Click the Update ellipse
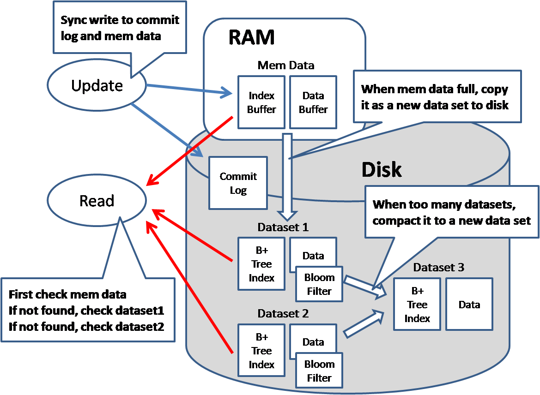click(x=97, y=86)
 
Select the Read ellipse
click(x=97, y=201)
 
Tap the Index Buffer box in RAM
click(x=261, y=102)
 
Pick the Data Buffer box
click(x=313, y=102)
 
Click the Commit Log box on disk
click(x=238, y=183)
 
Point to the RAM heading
click(x=251, y=37)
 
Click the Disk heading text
click(x=381, y=170)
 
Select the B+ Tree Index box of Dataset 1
click(x=261, y=264)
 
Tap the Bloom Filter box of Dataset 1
click(x=319, y=284)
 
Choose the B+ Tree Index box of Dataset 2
click(x=261, y=351)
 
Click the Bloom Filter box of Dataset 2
click(x=319, y=371)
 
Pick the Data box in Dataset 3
click(x=469, y=305)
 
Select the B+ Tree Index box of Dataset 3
click(x=417, y=305)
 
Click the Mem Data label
click(x=286, y=65)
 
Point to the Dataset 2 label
click(x=283, y=314)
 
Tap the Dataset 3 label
click(x=438, y=267)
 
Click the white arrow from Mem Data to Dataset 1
click(x=287, y=175)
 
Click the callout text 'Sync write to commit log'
click(x=120, y=21)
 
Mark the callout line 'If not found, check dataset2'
click(x=86, y=327)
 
